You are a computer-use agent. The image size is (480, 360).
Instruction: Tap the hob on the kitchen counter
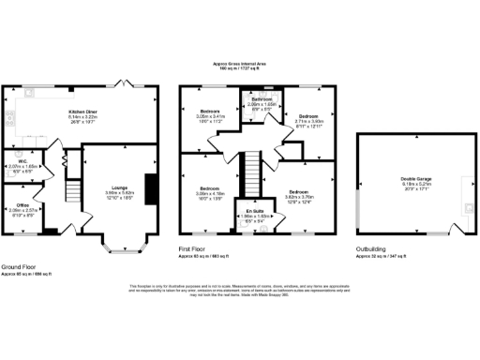click(x=9, y=118)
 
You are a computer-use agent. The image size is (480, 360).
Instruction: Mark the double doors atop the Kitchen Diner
click(x=117, y=84)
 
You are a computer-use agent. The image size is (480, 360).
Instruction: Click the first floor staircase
click(x=250, y=173)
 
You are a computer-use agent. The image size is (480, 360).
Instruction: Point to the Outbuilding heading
click(x=372, y=248)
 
